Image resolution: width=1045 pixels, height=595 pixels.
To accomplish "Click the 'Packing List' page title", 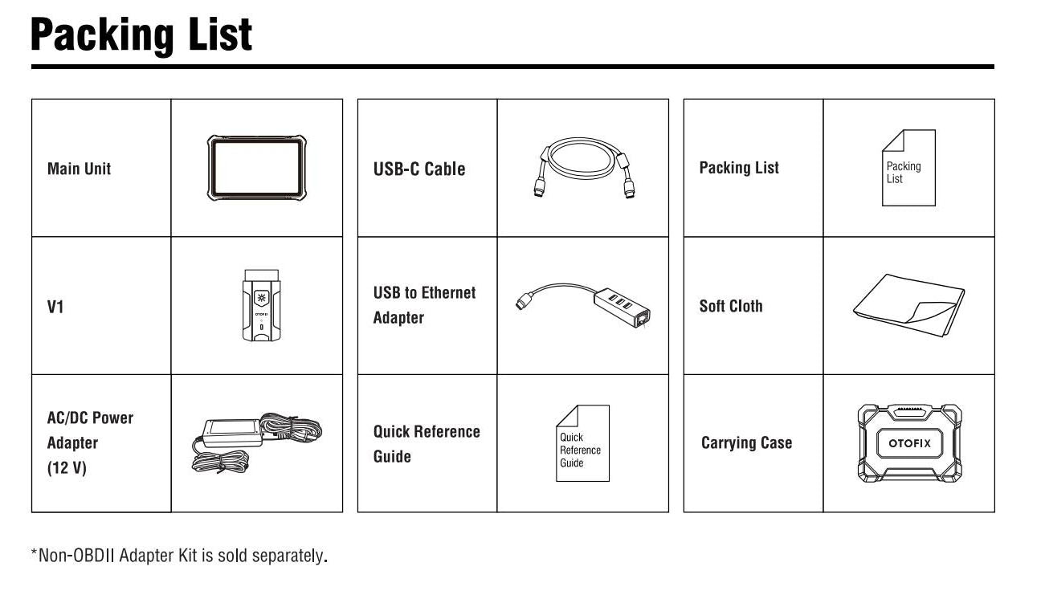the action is [141, 35].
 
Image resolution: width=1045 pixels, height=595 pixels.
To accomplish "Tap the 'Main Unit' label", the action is [80, 169].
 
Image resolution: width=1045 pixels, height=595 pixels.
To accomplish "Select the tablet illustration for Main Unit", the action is [256, 168].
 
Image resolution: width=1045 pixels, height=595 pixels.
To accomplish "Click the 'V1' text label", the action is [55, 307].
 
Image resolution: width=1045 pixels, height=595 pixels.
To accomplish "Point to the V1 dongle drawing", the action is [261, 305].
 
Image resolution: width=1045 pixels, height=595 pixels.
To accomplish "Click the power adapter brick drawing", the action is [232, 434].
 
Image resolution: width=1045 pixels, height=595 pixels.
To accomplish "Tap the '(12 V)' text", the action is [67, 467].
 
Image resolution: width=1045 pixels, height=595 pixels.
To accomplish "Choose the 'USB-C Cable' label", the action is [419, 169].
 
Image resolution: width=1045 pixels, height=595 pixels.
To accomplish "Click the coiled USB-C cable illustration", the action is [583, 168].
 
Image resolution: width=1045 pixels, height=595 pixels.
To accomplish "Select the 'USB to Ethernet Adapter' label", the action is [425, 305].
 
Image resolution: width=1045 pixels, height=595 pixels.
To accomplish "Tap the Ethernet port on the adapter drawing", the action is [643, 319].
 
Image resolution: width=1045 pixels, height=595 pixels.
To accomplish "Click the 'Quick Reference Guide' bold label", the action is [427, 444].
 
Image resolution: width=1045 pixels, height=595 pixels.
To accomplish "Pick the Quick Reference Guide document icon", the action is [582, 443].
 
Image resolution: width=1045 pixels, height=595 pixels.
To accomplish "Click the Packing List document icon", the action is [908, 168].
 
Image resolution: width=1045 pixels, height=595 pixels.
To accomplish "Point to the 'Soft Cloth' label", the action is [731, 306].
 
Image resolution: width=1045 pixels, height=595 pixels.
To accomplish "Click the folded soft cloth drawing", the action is [908, 305].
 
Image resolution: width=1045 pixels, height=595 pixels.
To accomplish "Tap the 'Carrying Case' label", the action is [746, 442].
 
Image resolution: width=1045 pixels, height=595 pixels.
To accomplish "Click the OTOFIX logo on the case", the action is [910, 443].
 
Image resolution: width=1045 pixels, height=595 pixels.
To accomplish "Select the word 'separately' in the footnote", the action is [288, 556].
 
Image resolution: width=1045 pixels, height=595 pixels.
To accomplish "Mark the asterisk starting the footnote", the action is [34, 552].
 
